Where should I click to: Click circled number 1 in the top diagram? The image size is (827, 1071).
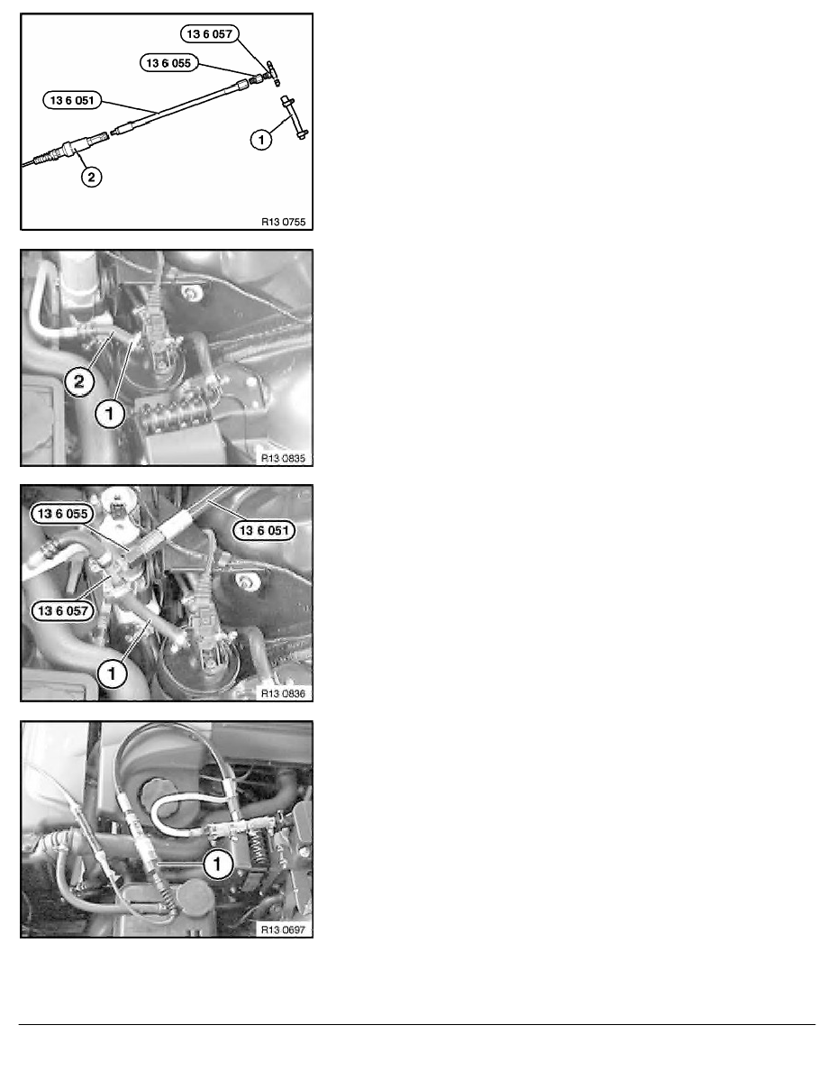262,141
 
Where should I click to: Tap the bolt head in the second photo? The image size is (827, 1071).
190,294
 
